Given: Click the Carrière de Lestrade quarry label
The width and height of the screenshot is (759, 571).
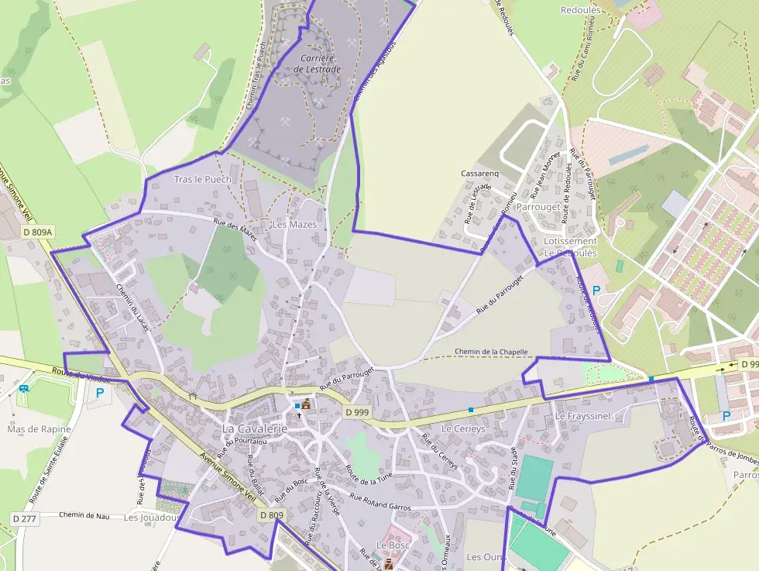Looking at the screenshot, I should click(317, 64).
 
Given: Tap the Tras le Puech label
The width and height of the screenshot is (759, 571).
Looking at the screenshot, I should click(202, 180).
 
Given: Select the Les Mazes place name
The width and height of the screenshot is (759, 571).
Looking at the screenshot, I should click(294, 225).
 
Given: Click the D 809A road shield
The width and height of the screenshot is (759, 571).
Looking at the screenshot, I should click(38, 232).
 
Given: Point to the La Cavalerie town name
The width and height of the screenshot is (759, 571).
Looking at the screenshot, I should click(255, 428).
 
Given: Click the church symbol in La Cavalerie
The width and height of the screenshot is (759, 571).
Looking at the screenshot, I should click(305, 404).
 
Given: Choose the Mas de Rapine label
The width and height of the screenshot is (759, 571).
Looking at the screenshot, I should click(39, 429).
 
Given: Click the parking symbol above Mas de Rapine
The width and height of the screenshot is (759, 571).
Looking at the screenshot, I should click(99, 393).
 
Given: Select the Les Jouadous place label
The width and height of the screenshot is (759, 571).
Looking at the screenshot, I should click(152, 518).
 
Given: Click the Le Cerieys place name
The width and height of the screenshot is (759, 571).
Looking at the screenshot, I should click(462, 428).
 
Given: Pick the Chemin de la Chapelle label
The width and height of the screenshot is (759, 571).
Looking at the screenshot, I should click(491, 352).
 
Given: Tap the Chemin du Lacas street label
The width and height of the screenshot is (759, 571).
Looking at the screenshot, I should click(132, 309).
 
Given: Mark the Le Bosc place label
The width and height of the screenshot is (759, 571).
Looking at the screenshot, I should click(393, 545).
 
